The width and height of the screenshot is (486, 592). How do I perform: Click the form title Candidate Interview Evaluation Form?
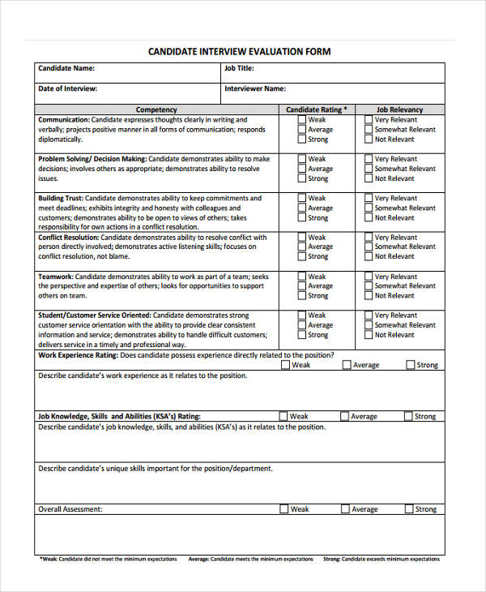coord(239,51)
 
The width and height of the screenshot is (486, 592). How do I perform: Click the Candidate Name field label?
coord(66,69)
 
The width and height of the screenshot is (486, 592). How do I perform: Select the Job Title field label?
coord(239,69)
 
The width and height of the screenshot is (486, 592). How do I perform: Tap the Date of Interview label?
coord(68,88)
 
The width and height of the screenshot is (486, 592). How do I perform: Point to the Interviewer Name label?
coord(254,88)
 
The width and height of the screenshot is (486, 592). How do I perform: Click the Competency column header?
coord(156,109)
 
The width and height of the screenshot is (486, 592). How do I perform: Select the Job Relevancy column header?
coord(400,109)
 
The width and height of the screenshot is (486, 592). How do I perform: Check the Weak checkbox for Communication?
coord(301,120)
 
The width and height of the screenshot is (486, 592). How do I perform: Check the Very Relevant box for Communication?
coord(369,120)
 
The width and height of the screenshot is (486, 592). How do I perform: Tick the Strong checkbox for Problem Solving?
coord(301,178)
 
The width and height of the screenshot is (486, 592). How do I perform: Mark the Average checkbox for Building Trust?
coord(301,208)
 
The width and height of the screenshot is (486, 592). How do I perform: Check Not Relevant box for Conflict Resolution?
coord(369,256)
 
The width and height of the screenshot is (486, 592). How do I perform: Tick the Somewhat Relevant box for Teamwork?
coord(369,285)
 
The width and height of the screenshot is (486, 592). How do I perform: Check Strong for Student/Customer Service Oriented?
coord(301,335)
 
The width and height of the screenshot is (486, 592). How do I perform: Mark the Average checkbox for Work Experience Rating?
coord(347,365)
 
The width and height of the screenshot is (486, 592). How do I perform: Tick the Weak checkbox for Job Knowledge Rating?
coord(283,416)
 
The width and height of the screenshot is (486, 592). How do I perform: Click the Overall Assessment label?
coord(70,509)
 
